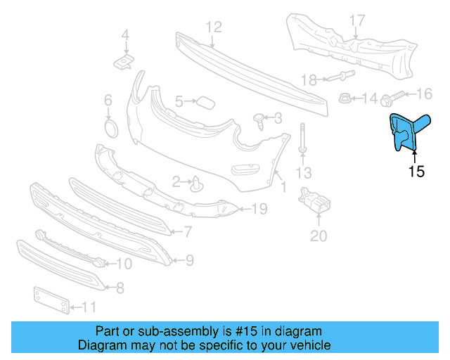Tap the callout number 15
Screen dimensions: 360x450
pyautogui.click(x=416, y=171)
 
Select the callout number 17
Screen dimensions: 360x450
pyautogui.click(x=357, y=20)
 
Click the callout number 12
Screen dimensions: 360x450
pyautogui.click(x=213, y=27)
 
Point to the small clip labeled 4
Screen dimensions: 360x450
pyautogui.click(x=123, y=63)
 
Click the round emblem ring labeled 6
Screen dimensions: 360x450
pyautogui.click(x=109, y=129)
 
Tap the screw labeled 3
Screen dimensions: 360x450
pyautogui.click(x=262, y=122)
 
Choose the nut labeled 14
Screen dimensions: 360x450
pyautogui.click(x=345, y=99)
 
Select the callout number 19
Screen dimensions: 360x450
pyautogui.click(x=259, y=209)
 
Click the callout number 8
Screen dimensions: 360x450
pyautogui.click(x=120, y=287)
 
